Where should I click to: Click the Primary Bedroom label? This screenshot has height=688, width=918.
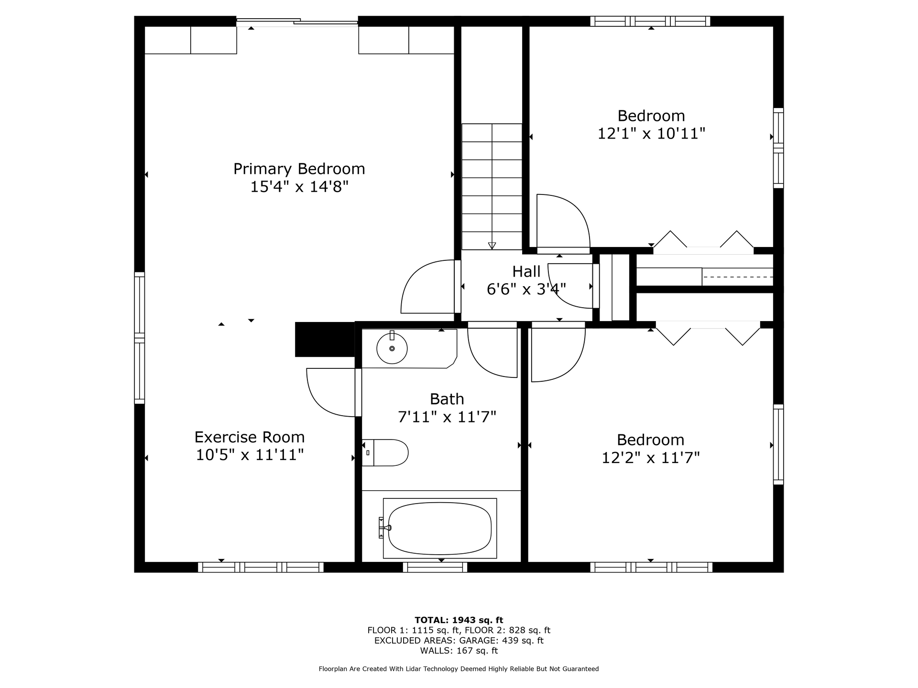[299, 169]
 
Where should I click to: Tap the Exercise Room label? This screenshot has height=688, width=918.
[250, 437]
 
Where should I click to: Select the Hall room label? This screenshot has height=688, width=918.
[526, 271]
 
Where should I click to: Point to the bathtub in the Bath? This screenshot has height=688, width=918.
[440, 528]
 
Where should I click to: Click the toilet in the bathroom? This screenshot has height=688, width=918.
[385, 452]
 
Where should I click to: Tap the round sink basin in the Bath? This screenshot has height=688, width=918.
[392, 348]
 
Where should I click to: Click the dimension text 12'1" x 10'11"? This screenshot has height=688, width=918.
[651, 133]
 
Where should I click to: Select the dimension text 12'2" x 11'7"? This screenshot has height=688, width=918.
[650, 458]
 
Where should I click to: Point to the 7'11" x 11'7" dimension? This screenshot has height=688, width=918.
[447, 417]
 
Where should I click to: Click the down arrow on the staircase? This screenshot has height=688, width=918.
[492, 246]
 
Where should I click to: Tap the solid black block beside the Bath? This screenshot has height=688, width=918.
[325, 339]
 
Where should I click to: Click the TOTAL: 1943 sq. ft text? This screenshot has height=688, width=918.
[459, 620]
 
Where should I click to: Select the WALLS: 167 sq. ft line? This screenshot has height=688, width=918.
[459, 651]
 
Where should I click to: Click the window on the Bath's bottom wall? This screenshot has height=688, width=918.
[435, 567]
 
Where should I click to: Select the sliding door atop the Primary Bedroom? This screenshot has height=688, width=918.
[297, 21]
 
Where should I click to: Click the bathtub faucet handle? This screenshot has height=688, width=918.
[385, 527]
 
